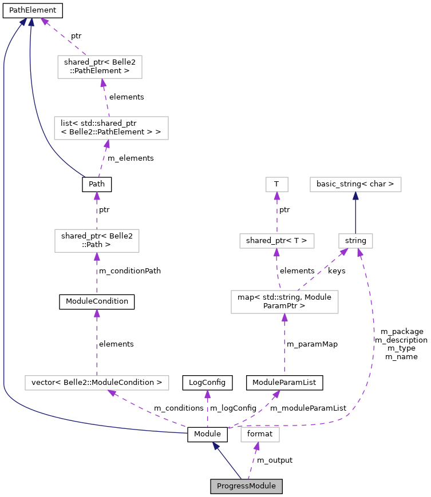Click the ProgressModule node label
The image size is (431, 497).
[246, 486]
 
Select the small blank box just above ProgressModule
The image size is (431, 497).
[260, 435]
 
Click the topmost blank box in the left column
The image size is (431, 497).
[100, 67]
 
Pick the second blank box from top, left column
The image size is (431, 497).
[111, 128]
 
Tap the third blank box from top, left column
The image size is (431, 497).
[97, 241]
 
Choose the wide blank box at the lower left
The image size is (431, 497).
[97, 383]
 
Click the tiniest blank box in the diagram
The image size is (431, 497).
[277, 184]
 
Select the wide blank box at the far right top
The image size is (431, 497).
[355, 184]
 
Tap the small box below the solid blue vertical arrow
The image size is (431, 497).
[355, 241]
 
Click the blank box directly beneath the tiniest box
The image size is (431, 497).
[277, 241]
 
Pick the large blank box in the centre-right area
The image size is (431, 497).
[284, 302]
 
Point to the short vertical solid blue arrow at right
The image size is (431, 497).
[355, 213]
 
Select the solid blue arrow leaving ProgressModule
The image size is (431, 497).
[227, 460]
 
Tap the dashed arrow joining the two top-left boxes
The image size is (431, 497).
[106, 97]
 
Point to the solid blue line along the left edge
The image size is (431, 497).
[4, 229]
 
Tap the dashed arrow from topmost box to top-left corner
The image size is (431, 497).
[63, 36]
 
